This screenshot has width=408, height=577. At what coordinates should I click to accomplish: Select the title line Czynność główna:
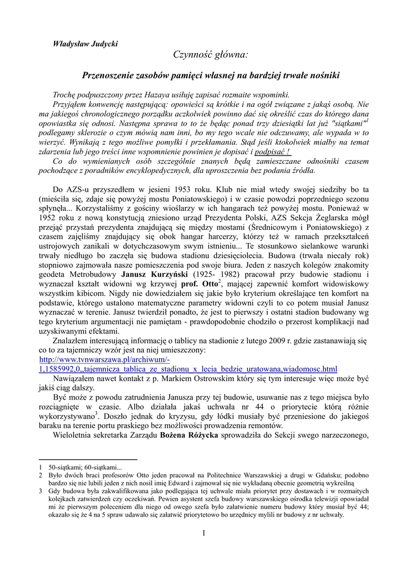(x=210, y=55)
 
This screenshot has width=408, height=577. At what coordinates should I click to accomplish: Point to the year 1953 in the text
(x=179, y=189)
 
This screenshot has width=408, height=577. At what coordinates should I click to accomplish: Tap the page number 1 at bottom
(x=203, y=534)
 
